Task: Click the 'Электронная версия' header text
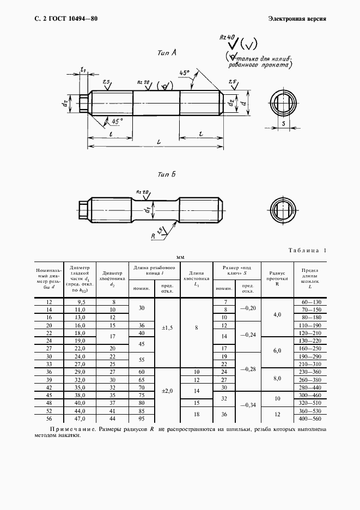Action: click(x=297, y=19)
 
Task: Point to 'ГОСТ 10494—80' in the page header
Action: click(x=73, y=19)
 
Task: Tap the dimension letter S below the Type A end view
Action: click(x=284, y=124)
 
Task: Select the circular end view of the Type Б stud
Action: click(x=283, y=209)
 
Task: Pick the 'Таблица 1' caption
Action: click(x=305, y=250)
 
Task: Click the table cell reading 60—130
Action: click(x=310, y=302)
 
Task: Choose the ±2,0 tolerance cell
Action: click(x=168, y=391)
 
